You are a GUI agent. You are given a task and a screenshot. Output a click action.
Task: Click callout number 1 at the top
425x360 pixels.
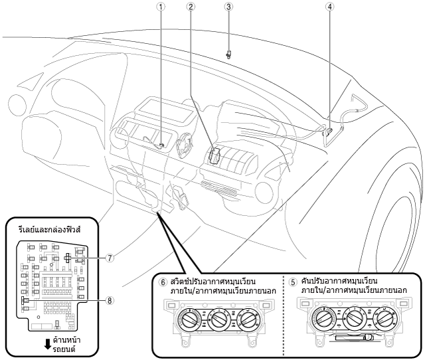pos(161,7)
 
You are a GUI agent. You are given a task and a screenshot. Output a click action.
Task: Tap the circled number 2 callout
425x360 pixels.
pos(191,7)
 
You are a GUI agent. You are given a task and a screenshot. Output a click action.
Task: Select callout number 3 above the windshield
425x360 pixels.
pos(228,7)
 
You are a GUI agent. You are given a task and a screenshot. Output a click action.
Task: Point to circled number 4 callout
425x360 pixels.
pos(329,7)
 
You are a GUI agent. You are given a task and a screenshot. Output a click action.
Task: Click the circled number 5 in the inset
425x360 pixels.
pos(293,282)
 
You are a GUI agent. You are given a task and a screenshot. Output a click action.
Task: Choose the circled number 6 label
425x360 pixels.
pos(163,282)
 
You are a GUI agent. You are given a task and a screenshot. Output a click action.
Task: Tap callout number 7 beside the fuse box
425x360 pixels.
pos(110,258)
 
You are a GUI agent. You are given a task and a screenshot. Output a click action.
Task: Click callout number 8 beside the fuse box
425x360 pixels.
pos(110,300)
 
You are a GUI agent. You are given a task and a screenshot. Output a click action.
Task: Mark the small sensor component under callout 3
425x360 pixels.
pos(228,54)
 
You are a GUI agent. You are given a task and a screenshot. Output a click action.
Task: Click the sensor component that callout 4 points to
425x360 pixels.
pos(328,132)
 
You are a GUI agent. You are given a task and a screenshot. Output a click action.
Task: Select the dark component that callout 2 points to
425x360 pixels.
pos(214,155)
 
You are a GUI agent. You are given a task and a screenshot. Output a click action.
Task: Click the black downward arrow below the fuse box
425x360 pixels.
pos(48,344)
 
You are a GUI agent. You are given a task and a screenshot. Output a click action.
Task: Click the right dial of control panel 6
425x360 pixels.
pos(248,320)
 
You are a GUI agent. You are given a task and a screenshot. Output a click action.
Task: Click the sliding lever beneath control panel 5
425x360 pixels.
pos(354,338)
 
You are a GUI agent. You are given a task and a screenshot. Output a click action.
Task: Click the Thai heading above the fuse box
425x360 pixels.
pos(50,230)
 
